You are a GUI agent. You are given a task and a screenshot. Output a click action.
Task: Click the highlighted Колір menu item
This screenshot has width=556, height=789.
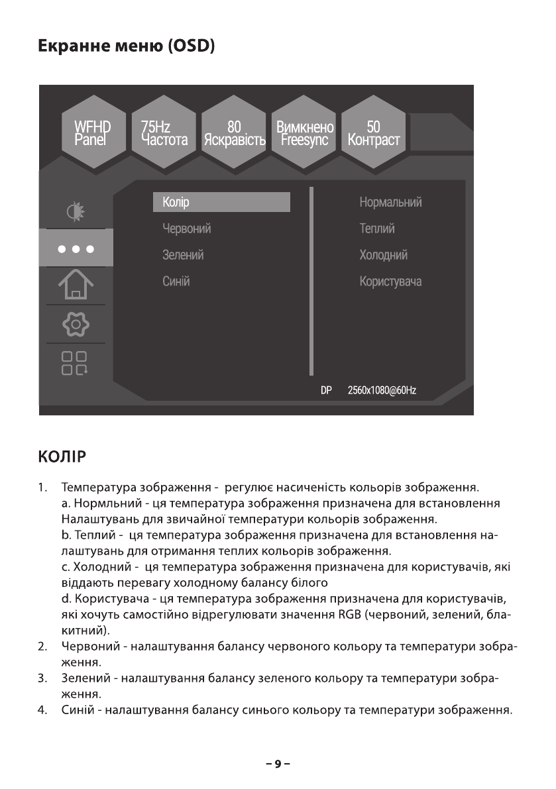point(221,202)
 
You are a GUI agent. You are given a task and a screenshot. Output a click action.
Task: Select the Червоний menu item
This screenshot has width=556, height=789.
point(187,229)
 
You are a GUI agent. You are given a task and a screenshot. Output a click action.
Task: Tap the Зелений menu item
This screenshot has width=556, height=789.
point(183,255)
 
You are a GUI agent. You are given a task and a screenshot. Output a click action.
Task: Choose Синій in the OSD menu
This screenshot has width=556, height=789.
point(176,282)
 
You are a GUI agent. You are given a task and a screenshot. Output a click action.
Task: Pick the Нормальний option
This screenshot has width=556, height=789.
point(390,202)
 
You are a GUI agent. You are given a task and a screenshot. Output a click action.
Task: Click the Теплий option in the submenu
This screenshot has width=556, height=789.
point(377,229)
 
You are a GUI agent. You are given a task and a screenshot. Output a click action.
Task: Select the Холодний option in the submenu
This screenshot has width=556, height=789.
point(383,255)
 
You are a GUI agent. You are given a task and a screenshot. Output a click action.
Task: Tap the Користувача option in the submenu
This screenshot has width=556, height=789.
point(390,282)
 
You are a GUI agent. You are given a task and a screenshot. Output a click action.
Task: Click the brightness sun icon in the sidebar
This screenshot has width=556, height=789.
point(76,211)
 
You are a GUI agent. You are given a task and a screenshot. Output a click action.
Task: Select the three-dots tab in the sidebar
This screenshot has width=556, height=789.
point(76,249)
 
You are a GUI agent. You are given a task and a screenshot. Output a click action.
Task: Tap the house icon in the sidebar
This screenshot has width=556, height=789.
point(76,286)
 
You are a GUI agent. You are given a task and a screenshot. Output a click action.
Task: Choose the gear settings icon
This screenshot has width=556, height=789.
point(76,324)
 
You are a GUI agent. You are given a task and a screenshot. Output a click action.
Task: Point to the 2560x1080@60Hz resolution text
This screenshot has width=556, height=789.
point(382,391)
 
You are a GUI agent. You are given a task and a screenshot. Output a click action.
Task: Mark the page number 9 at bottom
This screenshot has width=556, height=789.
point(278,764)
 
